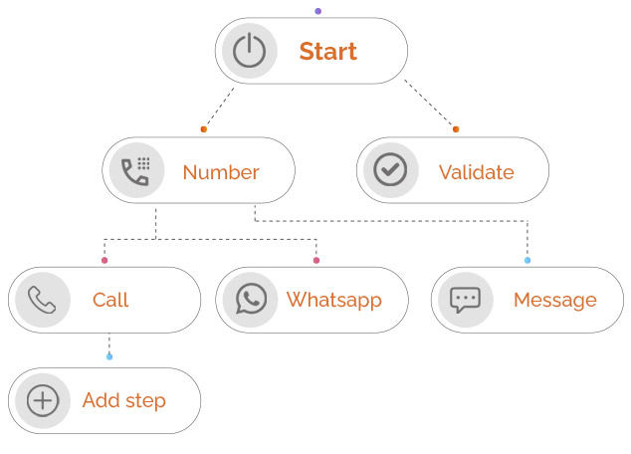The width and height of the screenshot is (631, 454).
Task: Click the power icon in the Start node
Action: [x=249, y=51]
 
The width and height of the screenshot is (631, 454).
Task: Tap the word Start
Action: [x=327, y=52]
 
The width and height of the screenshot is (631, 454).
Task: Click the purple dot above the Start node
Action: [x=317, y=11]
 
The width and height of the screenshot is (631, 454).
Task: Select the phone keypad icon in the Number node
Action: [x=135, y=171]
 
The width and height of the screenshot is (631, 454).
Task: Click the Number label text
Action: [x=220, y=172]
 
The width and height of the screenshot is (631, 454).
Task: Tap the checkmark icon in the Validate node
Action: [x=390, y=171]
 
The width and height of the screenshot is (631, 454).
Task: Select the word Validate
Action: [x=476, y=172]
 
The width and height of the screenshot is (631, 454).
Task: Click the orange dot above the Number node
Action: [x=203, y=129]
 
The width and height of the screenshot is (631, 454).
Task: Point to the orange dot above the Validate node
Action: [x=456, y=129]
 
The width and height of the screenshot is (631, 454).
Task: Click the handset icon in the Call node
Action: [x=42, y=300]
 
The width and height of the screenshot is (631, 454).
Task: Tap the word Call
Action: [x=110, y=300]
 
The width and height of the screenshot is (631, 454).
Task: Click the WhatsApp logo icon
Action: [x=251, y=300]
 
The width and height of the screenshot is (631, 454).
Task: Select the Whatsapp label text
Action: [x=333, y=300]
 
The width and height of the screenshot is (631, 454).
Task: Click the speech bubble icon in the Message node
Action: [x=465, y=300]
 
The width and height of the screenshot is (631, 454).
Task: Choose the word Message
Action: [x=554, y=300]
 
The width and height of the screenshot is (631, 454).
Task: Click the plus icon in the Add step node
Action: [x=42, y=401]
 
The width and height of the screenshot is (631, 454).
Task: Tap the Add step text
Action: [x=123, y=401]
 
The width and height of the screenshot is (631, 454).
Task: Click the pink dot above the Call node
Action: [x=105, y=260]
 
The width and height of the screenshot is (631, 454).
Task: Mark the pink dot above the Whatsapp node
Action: [x=316, y=260]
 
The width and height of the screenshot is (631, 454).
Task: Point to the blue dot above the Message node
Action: [x=527, y=260]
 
